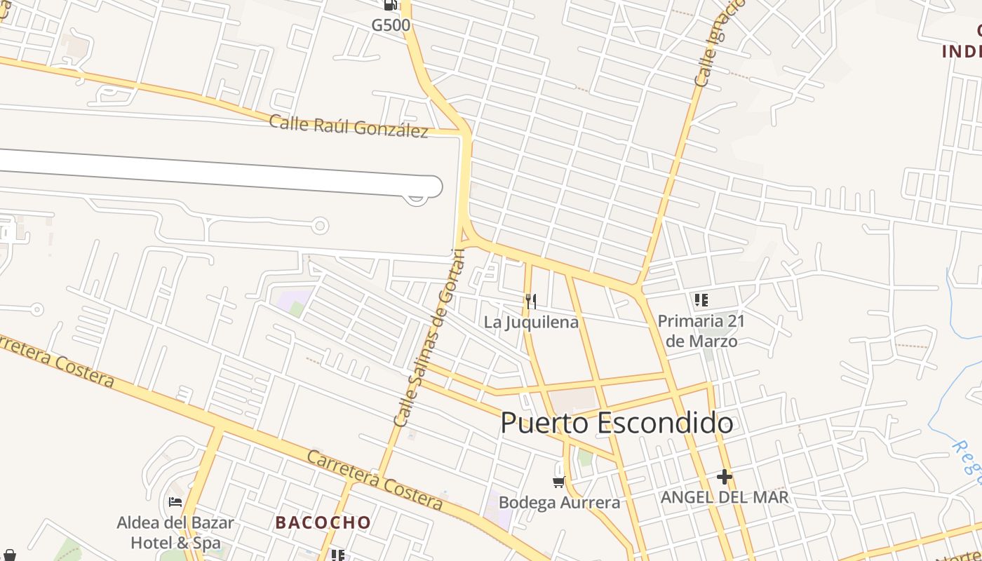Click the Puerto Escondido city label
tap(617, 423)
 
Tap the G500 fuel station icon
tap(390, 5)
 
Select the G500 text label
tap(391, 25)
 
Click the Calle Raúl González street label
tap(349, 126)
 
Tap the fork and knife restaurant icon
tap(531, 302)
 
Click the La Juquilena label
tap(531, 322)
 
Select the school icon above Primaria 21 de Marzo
tap(701, 301)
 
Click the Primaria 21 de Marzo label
tap(701, 331)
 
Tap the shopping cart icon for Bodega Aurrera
tap(559, 482)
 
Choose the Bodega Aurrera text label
tap(559, 502)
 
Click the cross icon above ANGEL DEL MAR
tap(725, 477)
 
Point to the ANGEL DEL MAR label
tap(725, 497)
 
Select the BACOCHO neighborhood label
tap(323, 522)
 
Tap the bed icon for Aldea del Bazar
tap(175, 501)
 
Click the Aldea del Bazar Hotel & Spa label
tap(175, 532)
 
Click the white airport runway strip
tap(210, 172)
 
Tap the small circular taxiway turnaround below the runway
tap(321, 225)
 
